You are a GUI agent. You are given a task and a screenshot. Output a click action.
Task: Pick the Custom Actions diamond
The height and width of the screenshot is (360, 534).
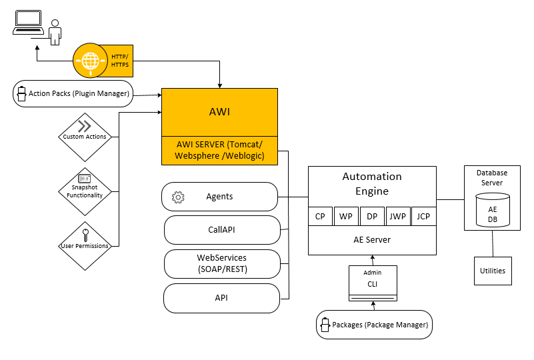(85, 137)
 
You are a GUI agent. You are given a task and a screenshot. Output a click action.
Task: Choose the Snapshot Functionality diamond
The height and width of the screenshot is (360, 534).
(85, 191)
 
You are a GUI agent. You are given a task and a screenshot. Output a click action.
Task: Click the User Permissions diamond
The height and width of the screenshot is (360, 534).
(85, 245)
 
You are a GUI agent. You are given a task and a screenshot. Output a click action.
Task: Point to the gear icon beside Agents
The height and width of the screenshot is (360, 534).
(178, 197)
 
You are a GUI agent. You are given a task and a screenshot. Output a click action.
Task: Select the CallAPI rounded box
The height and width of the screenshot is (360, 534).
(221, 230)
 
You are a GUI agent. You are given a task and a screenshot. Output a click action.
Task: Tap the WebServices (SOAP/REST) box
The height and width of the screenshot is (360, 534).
(221, 263)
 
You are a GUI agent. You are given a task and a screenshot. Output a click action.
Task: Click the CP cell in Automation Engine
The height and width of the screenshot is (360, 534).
(320, 217)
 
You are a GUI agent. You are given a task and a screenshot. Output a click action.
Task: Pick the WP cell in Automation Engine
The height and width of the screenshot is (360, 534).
(346, 217)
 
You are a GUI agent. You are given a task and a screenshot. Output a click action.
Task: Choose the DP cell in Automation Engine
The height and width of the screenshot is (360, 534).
(372, 217)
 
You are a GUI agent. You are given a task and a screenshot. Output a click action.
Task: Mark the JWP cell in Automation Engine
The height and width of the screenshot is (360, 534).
(398, 217)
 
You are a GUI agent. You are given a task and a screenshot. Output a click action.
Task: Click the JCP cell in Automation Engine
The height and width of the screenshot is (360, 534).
(423, 217)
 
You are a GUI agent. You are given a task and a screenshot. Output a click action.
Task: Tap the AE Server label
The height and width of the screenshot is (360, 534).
(371, 240)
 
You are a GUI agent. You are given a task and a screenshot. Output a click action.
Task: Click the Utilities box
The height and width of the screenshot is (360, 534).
(493, 271)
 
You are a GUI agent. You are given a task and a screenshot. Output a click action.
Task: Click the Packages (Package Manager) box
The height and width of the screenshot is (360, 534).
(374, 325)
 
